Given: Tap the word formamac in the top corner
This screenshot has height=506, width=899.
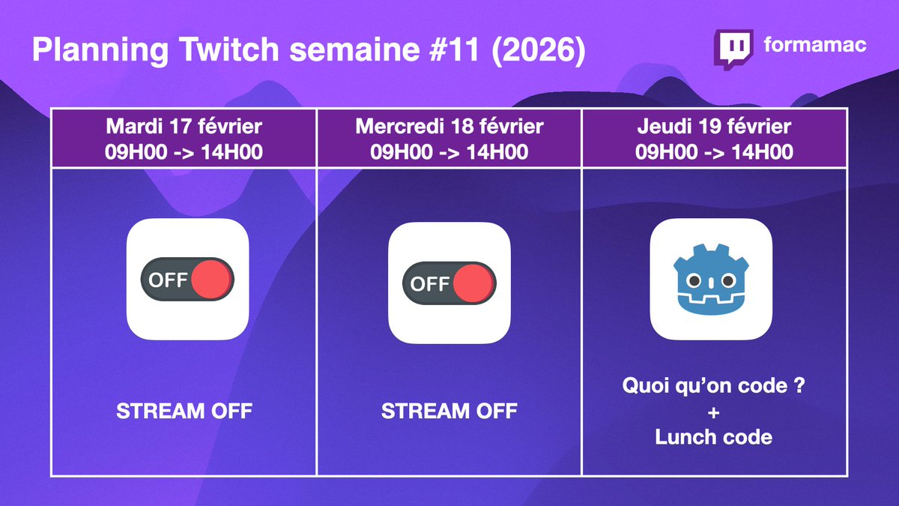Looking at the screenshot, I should (815, 45).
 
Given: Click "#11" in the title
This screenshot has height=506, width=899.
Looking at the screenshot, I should (459, 52).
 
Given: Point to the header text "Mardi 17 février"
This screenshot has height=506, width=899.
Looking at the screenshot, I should (184, 125).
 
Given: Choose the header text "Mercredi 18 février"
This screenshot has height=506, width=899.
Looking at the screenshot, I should (449, 125).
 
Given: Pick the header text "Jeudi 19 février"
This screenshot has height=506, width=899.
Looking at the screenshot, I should (714, 125).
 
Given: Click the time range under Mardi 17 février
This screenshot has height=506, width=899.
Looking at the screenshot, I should (184, 151).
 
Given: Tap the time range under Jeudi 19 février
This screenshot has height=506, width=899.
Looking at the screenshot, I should (714, 151).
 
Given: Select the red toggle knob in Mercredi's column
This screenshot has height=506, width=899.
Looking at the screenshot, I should (473, 284).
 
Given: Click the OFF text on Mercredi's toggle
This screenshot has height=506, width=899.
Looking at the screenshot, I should (429, 284).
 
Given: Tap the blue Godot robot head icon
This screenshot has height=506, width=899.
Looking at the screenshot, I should (710, 280).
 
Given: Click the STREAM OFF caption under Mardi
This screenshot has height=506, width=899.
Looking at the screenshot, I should (184, 411).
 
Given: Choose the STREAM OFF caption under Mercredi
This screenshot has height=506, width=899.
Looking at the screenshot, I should (449, 411).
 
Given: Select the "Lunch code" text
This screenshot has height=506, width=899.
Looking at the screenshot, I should (713, 437).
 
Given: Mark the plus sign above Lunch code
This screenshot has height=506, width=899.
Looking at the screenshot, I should (713, 413).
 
